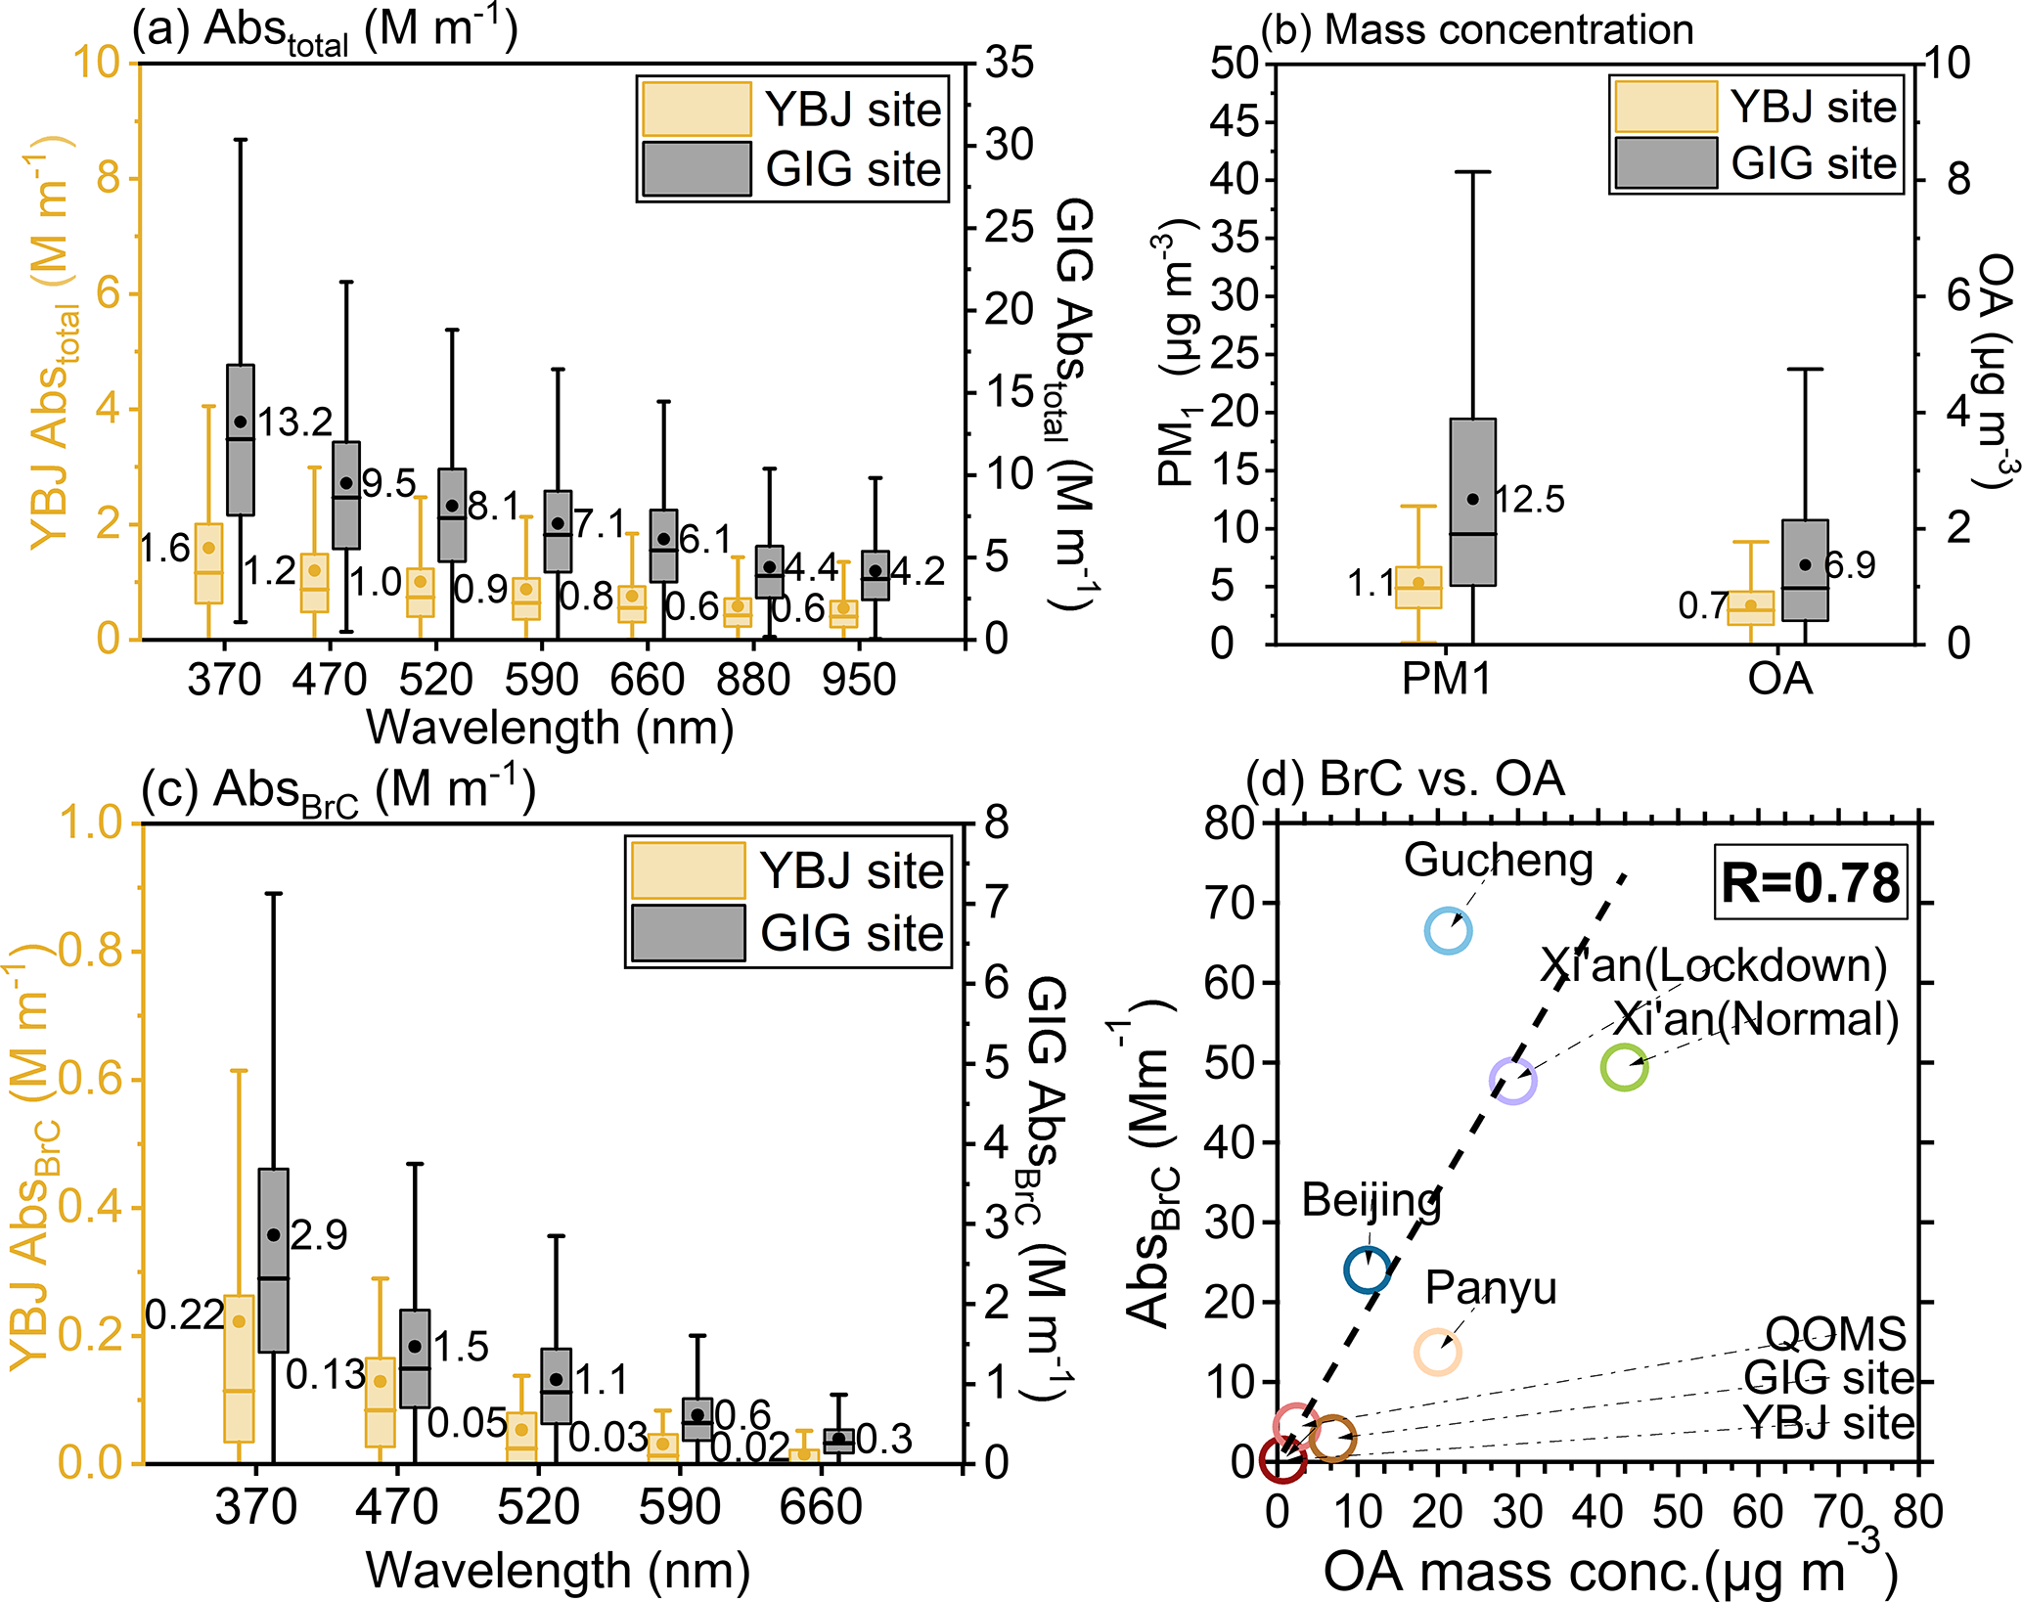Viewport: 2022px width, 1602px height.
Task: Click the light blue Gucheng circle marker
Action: click(x=1449, y=930)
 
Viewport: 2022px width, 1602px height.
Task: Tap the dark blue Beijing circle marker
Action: click(x=1367, y=1269)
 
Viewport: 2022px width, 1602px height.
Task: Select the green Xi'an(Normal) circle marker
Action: click(x=1624, y=1067)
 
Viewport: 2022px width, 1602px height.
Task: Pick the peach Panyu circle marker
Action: click(x=1437, y=1353)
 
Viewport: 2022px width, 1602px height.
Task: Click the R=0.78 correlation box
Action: click(x=1810, y=882)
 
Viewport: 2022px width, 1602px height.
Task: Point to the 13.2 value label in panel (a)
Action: click(x=295, y=423)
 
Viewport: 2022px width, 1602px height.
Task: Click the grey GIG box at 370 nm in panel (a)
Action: click(x=241, y=440)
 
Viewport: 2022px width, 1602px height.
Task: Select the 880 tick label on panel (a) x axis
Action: click(x=752, y=680)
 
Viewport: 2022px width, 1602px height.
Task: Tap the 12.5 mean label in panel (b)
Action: click(x=1529, y=500)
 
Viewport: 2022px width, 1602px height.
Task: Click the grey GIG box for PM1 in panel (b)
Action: click(x=1472, y=502)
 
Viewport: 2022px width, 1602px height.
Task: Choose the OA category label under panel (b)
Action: click(x=1780, y=679)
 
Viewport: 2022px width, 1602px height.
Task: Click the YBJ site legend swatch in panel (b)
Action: click(x=1665, y=106)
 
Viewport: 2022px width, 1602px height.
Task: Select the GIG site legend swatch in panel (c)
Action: click(x=688, y=932)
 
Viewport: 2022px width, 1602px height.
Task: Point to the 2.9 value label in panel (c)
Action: click(x=319, y=1235)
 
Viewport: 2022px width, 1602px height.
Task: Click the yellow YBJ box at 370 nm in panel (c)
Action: click(x=239, y=1368)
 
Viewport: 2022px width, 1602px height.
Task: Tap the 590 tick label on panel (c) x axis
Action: click(x=680, y=1507)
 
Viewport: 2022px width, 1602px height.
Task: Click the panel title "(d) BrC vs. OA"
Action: click(x=1405, y=779)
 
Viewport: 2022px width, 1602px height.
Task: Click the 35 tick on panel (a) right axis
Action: click(x=1010, y=63)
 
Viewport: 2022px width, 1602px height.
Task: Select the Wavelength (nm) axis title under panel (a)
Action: click(x=550, y=728)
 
